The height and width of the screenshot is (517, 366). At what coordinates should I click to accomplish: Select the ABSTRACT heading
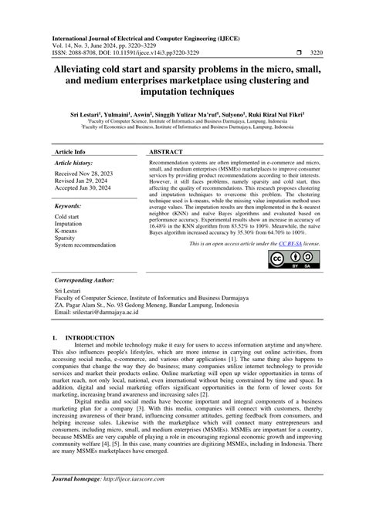(x=166, y=153)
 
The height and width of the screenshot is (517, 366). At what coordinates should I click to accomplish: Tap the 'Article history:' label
(x=74, y=164)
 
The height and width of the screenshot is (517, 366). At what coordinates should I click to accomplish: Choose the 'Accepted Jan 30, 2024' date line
(x=86, y=190)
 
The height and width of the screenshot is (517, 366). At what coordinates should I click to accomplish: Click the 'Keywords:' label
(x=69, y=207)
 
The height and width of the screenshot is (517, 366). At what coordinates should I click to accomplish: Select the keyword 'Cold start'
(x=66, y=218)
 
